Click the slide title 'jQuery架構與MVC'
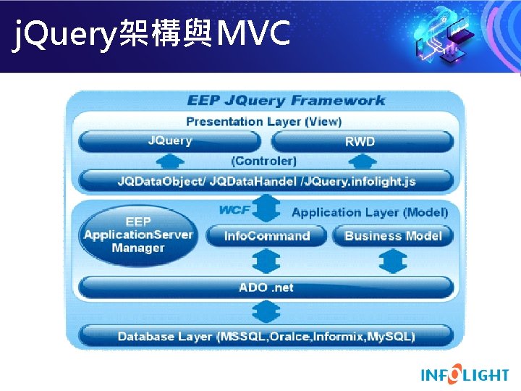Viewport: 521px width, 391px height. [x=152, y=33]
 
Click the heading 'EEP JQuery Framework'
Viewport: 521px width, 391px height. [x=286, y=101]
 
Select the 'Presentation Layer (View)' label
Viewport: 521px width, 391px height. [x=263, y=122]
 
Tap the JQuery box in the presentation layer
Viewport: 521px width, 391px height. [x=170, y=140]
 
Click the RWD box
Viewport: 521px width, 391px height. [x=360, y=141]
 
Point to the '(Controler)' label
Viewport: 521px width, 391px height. [x=263, y=161]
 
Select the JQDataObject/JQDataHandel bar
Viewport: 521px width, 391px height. [x=266, y=180]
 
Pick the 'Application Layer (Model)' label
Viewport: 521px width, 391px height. [x=369, y=212]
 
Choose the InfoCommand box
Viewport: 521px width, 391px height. [x=266, y=236]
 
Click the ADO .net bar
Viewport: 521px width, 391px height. [x=266, y=287]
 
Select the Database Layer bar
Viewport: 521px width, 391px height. [x=266, y=336]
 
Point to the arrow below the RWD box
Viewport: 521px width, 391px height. [x=360, y=160]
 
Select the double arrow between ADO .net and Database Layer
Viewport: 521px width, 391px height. [x=266, y=312]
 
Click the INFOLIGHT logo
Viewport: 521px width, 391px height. [x=465, y=374]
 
